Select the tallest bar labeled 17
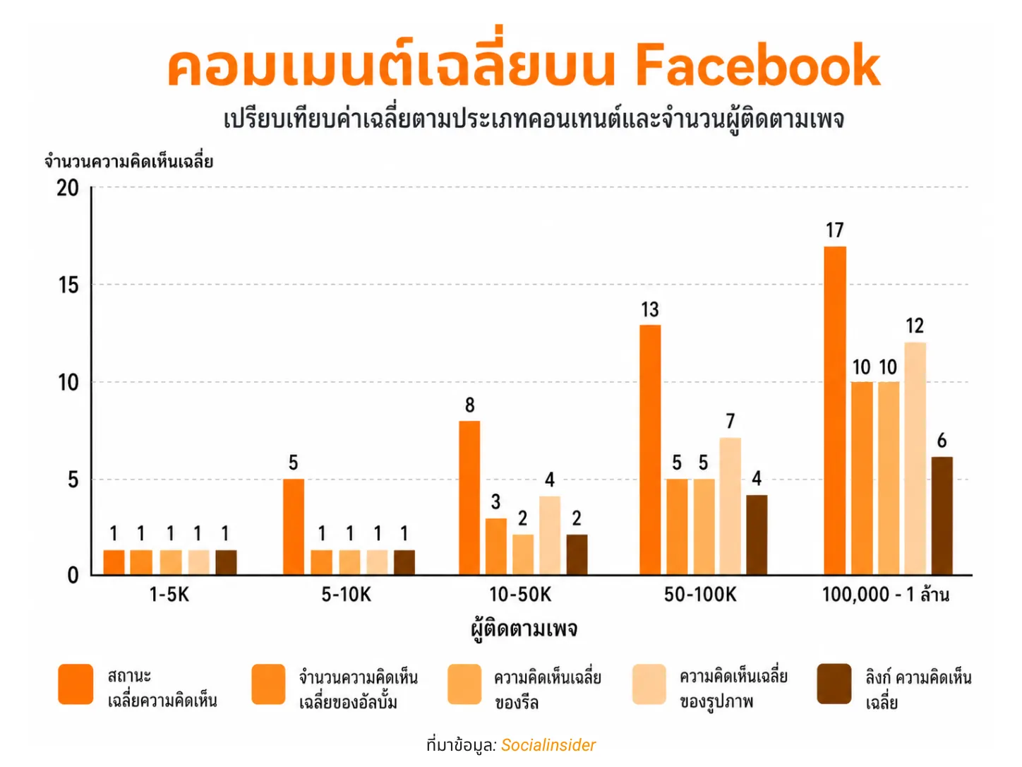pyautogui.click(x=834, y=410)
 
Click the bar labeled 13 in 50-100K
pyautogui.click(x=650, y=449)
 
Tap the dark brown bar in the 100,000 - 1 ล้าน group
pyautogui.click(x=942, y=516)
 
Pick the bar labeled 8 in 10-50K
pyautogui.click(x=469, y=497)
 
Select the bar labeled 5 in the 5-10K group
pyautogui.click(x=294, y=526)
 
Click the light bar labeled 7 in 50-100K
pyautogui.click(x=730, y=506)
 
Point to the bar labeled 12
pyautogui.click(x=915, y=458)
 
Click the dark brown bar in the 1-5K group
pyautogui.click(x=226, y=562)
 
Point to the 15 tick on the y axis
pyautogui.click(x=68, y=285)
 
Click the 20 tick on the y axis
pyautogui.click(x=68, y=188)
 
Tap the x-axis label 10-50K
pyautogui.click(x=520, y=595)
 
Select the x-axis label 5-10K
pyautogui.click(x=346, y=595)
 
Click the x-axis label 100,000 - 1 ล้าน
pyautogui.click(x=885, y=595)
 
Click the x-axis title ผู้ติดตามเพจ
pyautogui.click(x=524, y=629)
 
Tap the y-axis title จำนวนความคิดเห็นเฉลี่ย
pyautogui.click(x=128, y=162)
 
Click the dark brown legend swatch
pyautogui.click(x=834, y=684)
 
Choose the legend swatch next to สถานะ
pyautogui.click(x=76, y=684)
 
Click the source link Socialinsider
pyautogui.click(x=548, y=745)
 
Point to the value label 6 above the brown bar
pyautogui.click(x=942, y=441)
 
